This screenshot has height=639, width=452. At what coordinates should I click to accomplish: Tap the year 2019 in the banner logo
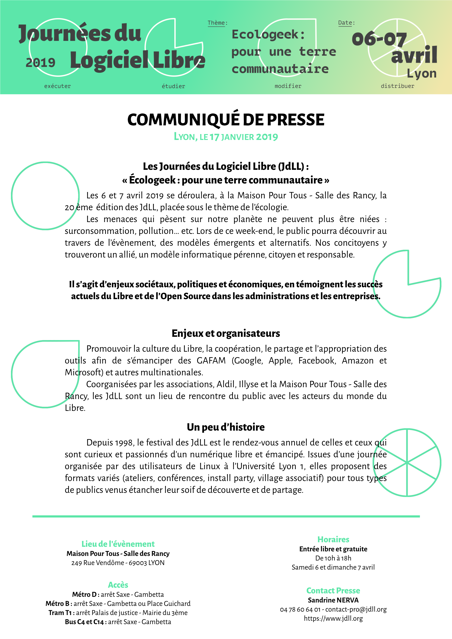pyautogui.click(x=41, y=63)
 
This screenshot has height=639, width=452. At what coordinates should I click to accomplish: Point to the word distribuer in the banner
pyautogui.click(x=398, y=86)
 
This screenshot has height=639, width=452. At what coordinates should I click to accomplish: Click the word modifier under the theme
pyautogui.click(x=288, y=86)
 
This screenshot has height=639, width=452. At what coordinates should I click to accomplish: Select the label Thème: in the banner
pyautogui.click(x=217, y=23)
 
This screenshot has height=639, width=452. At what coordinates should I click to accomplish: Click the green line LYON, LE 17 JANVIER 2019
pyautogui.click(x=226, y=137)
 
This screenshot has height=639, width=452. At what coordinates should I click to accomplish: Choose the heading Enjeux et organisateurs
pyautogui.click(x=226, y=333)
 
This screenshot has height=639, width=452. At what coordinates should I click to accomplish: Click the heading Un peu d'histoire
pyautogui.click(x=226, y=427)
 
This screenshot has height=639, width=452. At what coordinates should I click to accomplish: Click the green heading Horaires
pyautogui.click(x=333, y=539)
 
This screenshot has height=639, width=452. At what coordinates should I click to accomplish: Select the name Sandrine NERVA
pyautogui.click(x=333, y=600)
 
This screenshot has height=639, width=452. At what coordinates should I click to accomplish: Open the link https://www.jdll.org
pyautogui.click(x=333, y=618)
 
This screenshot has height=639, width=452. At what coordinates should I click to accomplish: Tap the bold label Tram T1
pyautogui.click(x=60, y=613)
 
